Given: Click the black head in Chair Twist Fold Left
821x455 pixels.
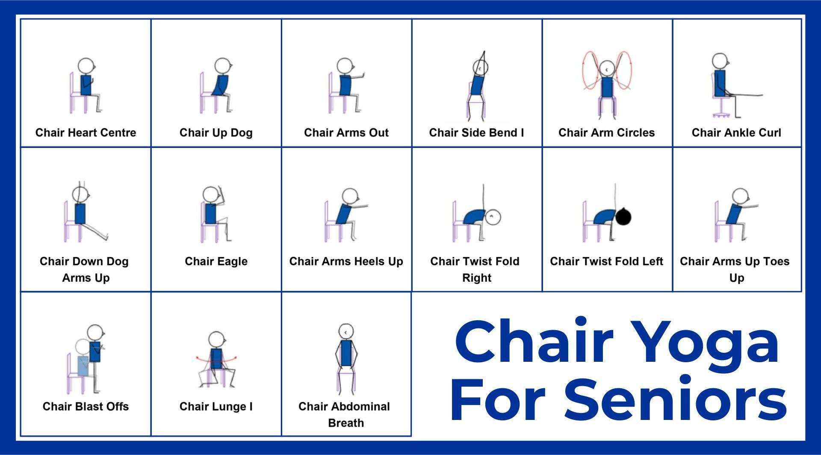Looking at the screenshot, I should (x=623, y=216).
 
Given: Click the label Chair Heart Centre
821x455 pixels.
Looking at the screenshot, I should (x=86, y=133).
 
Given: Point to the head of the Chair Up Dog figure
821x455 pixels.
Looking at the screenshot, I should (x=223, y=66).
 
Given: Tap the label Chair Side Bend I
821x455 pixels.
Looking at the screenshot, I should (x=476, y=133).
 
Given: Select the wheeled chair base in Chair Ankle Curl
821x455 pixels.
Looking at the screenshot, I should (x=721, y=114).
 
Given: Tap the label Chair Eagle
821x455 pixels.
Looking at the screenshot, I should (x=216, y=261).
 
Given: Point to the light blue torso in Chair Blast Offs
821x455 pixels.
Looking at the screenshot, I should (x=83, y=366).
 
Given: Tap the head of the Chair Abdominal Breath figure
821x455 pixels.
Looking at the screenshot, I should (x=346, y=331).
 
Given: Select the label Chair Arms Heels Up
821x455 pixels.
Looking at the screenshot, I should (x=346, y=261).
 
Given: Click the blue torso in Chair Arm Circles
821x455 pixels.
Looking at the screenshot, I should (x=606, y=87).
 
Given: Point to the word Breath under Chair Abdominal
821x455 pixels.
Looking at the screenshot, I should (x=346, y=423).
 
